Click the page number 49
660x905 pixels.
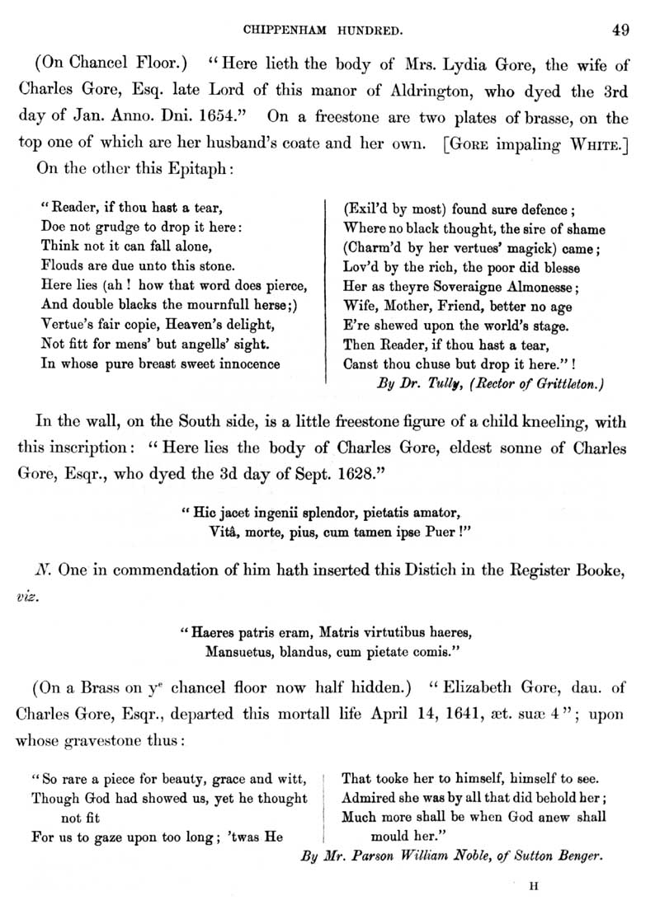(x=620, y=31)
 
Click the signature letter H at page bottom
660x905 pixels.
(x=533, y=887)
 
